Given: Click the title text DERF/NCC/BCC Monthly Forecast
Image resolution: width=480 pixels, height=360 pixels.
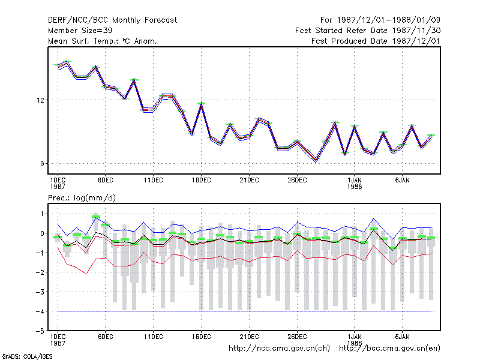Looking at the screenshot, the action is [112, 20].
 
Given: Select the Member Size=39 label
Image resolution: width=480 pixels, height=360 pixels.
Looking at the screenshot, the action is [80, 31].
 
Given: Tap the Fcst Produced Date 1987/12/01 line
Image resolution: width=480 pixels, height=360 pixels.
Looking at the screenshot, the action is [376, 41].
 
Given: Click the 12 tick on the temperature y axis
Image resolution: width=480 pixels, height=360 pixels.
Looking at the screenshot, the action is [40, 100].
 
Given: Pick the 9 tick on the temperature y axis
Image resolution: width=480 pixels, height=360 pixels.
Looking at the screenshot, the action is [42, 164].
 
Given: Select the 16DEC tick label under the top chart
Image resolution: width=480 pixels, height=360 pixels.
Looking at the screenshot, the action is [201, 181].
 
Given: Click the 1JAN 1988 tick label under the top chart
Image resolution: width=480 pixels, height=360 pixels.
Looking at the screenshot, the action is [355, 183].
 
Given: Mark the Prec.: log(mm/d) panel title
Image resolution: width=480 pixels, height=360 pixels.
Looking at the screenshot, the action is [82, 198].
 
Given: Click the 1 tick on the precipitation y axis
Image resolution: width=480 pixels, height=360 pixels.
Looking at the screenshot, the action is [42, 214].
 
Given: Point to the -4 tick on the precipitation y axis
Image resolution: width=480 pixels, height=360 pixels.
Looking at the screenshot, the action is [40, 311].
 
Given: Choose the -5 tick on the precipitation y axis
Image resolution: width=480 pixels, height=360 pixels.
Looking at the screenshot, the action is [40, 331].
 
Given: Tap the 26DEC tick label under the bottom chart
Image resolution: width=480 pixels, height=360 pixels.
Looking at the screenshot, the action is [297, 337].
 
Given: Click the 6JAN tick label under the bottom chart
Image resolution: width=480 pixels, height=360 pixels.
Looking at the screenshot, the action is [402, 337].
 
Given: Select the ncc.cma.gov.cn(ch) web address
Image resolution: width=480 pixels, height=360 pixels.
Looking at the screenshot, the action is [279, 349].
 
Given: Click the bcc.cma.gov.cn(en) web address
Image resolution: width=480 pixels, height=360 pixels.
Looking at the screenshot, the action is [389, 349].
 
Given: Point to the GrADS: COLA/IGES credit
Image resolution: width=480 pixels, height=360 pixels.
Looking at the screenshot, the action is [27, 356].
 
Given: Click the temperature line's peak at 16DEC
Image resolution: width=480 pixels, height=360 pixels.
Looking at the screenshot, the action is [201, 104].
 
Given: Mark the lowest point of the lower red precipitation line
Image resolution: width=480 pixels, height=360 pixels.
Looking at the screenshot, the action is [86, 274].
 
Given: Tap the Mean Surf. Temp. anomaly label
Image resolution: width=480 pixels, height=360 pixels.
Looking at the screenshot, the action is [103, 41].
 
